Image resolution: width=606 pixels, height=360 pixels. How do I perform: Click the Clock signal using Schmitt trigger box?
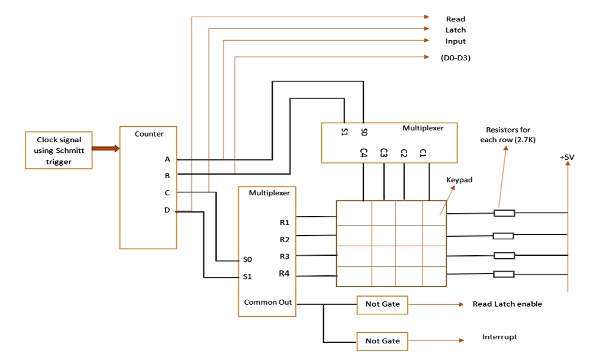pos(59,150)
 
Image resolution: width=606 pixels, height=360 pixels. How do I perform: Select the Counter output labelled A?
pos(167,159)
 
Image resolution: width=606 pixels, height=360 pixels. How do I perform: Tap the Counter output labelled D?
pos(167,210)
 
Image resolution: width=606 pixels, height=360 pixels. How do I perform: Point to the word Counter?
pos(149,134)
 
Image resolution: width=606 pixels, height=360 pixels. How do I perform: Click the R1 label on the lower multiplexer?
pos(285,223)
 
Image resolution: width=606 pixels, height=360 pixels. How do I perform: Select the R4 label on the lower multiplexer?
pos(285,274)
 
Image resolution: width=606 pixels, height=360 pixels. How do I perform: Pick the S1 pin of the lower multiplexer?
pos(247,277)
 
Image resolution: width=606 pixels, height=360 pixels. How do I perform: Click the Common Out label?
pos(268,303)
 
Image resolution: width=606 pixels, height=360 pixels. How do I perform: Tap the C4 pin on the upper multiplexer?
pos(363,152)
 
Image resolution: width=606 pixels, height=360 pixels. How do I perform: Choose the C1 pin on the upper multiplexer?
pos(423,152)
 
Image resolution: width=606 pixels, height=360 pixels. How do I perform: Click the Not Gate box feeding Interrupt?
pos(382,341)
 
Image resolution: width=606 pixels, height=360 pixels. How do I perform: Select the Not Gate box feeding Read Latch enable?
pos(382,304)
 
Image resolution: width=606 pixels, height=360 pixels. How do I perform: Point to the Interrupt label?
pos(499,337)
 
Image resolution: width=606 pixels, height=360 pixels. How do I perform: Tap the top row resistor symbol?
pos(504,213)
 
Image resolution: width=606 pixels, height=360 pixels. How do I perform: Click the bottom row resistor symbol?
pos(504,274)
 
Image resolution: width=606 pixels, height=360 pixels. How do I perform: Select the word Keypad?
pos(459,180)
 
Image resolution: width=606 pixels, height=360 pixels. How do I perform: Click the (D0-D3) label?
pos(455,58)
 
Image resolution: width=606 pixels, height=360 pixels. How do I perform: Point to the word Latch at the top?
pos(455,30)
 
